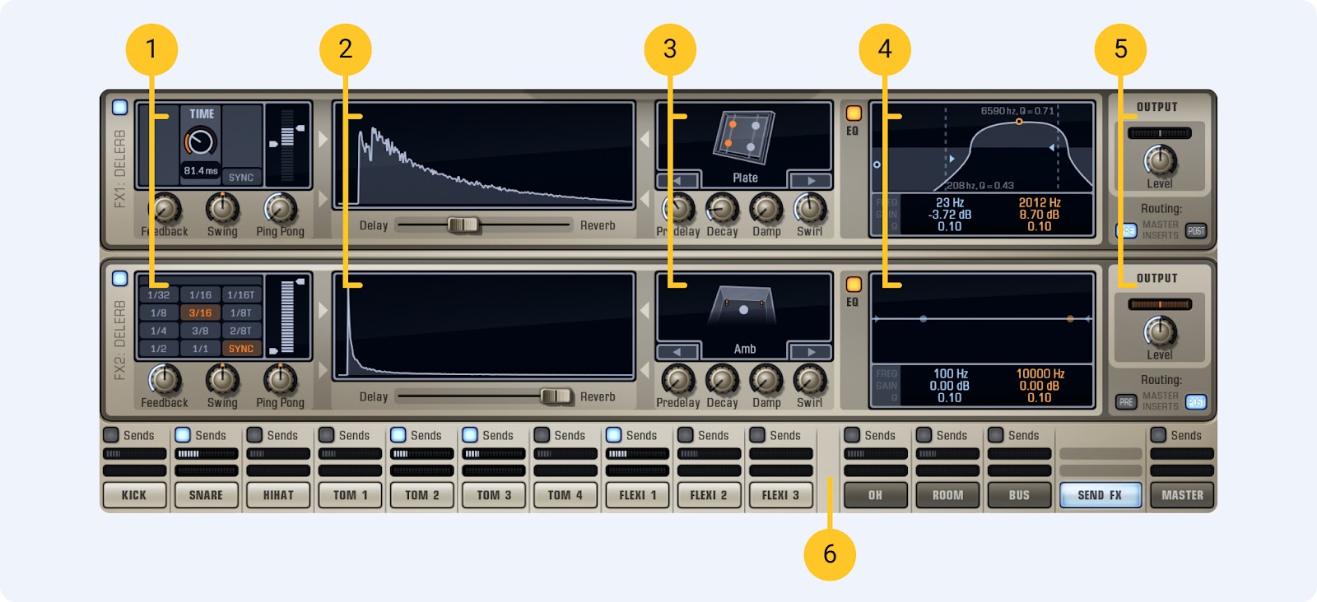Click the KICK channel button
[134, 495]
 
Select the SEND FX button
[1100, 495]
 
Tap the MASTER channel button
[1182, 495]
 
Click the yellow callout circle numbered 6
[830, 554]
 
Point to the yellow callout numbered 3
[670, 49]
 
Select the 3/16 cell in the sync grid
[200, 313]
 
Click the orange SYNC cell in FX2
[241, 349]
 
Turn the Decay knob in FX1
[722, 210]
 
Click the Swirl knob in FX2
[809, 380]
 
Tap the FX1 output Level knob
[1160, 160]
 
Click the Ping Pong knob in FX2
[280, 380]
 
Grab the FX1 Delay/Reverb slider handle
[463, 225]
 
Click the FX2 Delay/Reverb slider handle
[556, 396]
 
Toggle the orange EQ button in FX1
[854, 113]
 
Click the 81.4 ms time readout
[201, 171]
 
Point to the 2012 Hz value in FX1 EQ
[1040, 202]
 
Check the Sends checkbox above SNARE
[183, 435]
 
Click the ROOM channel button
[947, 495]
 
